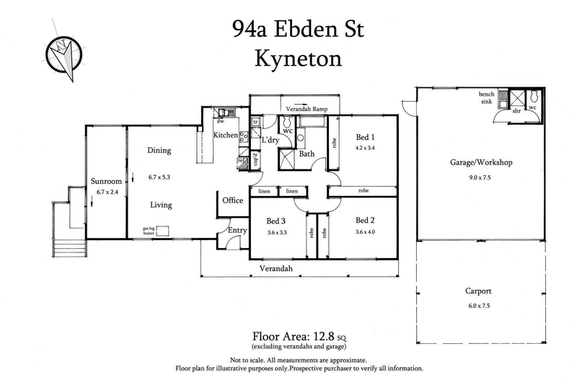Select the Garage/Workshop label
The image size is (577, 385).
point(480,163)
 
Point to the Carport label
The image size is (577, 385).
point(479,291)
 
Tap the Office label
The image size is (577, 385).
point(232,200)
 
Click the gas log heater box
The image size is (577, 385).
point(162,231)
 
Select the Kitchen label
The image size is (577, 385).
point(225,135)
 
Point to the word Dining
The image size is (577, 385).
point(159,151)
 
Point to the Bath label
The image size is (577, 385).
point(307,154)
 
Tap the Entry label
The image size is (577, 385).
point(237,231)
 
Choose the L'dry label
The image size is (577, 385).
point(271,139)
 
